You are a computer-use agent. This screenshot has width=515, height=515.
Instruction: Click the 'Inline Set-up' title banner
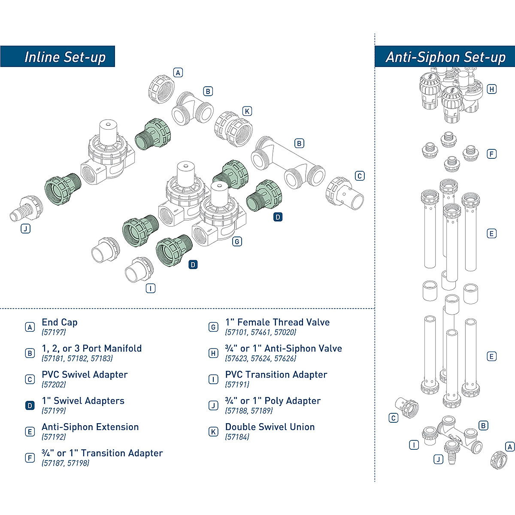58,56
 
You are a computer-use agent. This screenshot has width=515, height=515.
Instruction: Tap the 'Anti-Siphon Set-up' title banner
445,56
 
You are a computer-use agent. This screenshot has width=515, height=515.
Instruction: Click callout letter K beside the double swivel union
247,111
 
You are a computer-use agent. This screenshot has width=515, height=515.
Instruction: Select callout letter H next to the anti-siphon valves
491,89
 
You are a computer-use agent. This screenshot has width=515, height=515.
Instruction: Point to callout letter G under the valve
237,242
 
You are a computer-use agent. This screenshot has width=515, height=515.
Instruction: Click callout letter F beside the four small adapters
491,154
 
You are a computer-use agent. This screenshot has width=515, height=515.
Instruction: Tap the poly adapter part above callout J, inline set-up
26,209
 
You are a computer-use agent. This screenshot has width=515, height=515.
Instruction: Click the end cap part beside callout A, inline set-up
161,89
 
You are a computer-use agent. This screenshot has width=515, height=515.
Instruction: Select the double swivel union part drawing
233,129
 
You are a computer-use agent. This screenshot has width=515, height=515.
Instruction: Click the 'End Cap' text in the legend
60,322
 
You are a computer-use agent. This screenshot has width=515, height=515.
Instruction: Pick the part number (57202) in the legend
54,385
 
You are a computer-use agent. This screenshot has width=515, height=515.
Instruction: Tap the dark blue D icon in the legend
30,406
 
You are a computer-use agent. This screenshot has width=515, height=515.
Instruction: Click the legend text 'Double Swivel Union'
270,427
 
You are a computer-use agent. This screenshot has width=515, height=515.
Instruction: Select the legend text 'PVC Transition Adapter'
276,374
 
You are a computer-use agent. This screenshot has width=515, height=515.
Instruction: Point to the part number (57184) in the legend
237,437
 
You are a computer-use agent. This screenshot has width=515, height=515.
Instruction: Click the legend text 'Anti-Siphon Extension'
90,427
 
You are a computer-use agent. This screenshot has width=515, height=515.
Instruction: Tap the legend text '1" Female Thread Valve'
277,322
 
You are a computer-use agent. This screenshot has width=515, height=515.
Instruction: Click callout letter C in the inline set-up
360,176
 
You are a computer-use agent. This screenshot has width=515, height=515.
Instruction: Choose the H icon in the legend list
213,353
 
